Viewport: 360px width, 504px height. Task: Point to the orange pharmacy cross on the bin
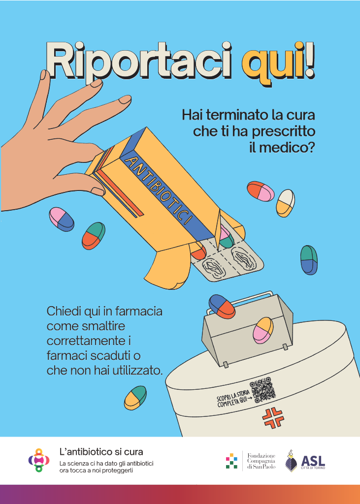pyautogui.click(x=270, y=418)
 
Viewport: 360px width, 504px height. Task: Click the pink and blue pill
pyautogui.click(x=62, y=219)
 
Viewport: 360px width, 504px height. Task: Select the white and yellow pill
pyautogui.click(x=285, y=203)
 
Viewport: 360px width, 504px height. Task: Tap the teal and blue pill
pyautogui.click(x=309, y=259)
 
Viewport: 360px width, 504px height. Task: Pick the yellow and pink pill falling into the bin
pyautogui.click(x=263, y=330)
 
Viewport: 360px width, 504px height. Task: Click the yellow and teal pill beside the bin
pyautogui.click(x=135, y=398)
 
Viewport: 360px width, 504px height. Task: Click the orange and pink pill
pyautogui.click(x=261, y=191)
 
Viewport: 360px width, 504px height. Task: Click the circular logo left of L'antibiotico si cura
pyautogui.click(x=39, y=460)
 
